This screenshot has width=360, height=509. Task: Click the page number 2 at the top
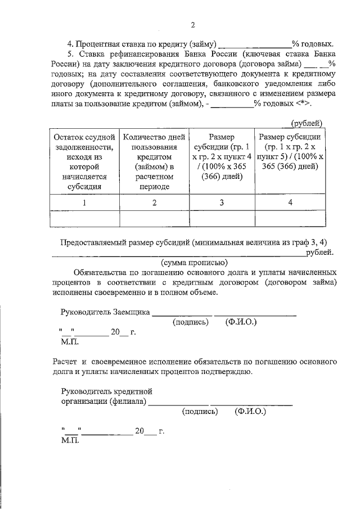point(192,24)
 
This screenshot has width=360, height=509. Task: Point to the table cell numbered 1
point(84,203)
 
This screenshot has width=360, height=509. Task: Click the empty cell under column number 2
point(154,218)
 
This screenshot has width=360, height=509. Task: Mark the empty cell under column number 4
point(290,218)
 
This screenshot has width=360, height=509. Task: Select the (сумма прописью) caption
point(194,263)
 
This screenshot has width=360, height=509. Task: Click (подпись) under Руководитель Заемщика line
point(191,322)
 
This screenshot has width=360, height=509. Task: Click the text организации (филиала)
point(104,401)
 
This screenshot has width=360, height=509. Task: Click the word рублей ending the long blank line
point(320,253)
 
